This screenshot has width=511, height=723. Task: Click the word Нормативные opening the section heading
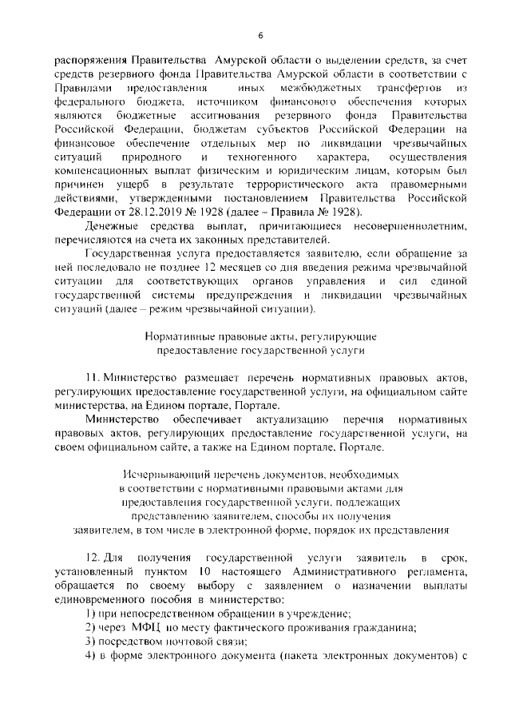[x=172, y=337]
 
